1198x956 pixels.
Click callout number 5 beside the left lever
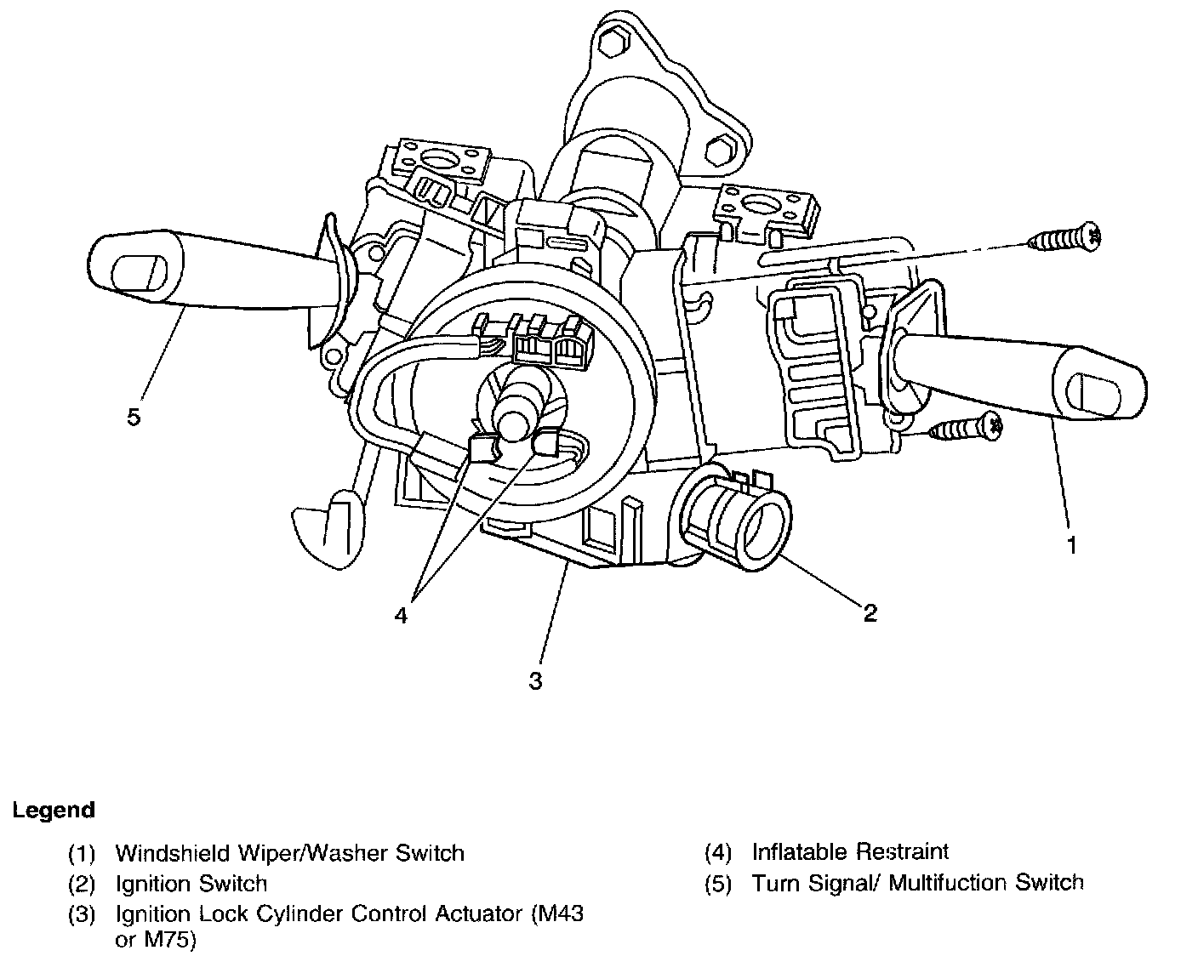tap(134, 418)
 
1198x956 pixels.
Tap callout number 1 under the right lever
tap(1072, 544)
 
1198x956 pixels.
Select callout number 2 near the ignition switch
tap(870, 612)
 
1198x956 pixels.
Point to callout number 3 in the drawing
tap(535, 680)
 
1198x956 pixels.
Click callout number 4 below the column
tap(401, 614)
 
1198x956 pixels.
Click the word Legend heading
tap(54, 810)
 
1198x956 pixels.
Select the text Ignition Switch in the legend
tap(191, 884)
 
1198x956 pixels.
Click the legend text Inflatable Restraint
tap(850, 851)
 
